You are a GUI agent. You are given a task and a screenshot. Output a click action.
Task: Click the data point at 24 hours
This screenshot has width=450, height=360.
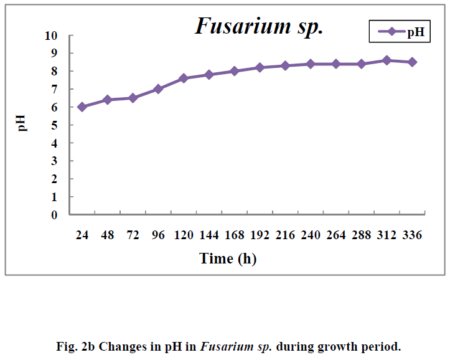(x=82, y=107)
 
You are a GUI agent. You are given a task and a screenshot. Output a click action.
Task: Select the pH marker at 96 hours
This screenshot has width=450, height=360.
(x=158, y=89)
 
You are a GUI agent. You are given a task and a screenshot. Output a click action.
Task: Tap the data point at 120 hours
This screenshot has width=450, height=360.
(x=184, y=78)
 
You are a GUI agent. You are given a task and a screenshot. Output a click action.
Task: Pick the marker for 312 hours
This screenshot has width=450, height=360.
(x=387, y=60)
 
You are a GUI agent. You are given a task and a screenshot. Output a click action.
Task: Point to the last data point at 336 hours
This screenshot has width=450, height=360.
(x=412, y=62)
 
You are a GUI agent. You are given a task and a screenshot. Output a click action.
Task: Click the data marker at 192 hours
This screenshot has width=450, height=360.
(x=260, y=67)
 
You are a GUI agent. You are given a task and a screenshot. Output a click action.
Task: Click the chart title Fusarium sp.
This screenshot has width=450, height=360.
(x=259, y=26)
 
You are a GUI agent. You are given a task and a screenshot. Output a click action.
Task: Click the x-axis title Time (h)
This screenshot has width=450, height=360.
(x=227, y=258)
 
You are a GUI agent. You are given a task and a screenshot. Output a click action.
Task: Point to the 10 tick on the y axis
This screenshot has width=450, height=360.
(x=51, y=36)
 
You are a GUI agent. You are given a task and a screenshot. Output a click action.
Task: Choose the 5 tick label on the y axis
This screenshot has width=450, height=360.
(x=54, y=125)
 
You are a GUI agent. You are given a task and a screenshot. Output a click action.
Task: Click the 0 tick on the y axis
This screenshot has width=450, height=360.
(x=54, y=215)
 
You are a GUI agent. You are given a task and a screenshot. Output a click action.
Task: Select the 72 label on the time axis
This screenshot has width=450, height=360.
(x=133, y=235)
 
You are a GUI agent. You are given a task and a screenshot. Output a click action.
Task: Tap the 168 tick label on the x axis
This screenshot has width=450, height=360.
(x=234, y=235)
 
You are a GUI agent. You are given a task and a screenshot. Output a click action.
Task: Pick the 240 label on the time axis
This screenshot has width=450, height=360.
(x=311, y=235)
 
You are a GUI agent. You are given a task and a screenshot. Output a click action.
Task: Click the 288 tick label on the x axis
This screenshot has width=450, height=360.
(x=362, y=235)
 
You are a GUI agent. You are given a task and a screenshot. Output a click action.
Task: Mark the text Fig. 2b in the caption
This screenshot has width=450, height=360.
(x=78, y=346)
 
